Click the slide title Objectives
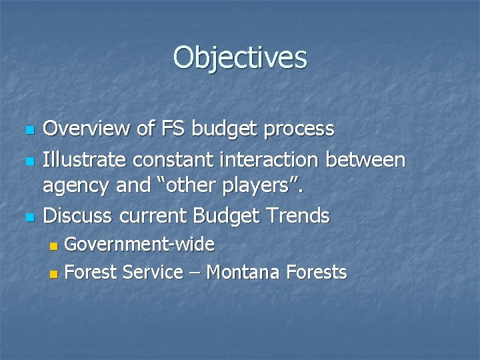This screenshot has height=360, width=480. (240, 57)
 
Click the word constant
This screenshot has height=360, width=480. (172, 160)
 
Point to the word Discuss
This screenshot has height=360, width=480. (77, 215)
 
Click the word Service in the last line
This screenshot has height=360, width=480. (158, 272)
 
